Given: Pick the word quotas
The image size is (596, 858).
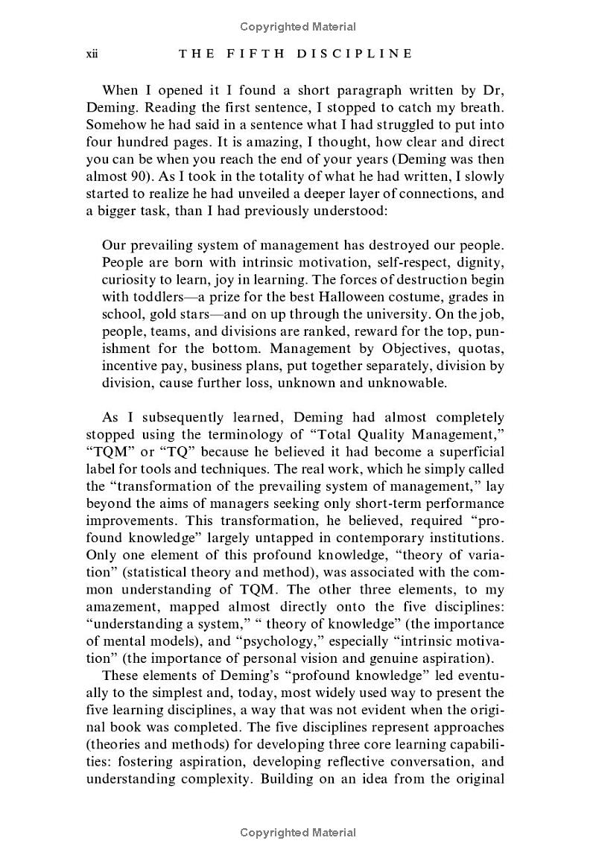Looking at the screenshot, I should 481,349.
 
